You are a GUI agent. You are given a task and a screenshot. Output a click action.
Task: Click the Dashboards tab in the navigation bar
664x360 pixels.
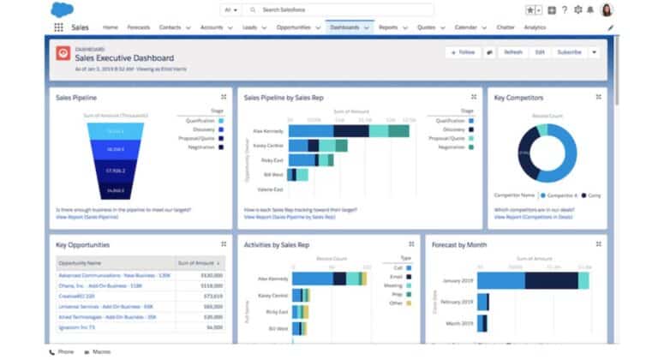tap(344, 27)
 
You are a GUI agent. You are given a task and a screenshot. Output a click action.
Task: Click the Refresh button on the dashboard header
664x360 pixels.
tap(512, 52)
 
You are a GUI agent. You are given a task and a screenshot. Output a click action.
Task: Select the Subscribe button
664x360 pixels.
tap(568, 52)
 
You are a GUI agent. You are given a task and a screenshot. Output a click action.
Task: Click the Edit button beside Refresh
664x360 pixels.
tap(540, 52)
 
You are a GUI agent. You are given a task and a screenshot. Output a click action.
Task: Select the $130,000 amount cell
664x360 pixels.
tap(212, 275)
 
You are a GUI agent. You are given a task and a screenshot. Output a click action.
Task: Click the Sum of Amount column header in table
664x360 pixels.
tap(196, 262)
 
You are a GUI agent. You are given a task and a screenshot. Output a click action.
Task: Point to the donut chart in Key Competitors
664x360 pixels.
tap(544, 153)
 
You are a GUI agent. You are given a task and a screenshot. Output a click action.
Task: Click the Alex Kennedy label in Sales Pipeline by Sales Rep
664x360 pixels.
tap(270, 131)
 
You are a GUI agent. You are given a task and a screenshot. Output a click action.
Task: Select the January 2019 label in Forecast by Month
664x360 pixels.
tap(456, 280)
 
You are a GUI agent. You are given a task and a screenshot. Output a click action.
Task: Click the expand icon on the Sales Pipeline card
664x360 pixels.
tap(223, 97)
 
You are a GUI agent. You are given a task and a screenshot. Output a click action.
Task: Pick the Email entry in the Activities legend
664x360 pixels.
tap(395, 277)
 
